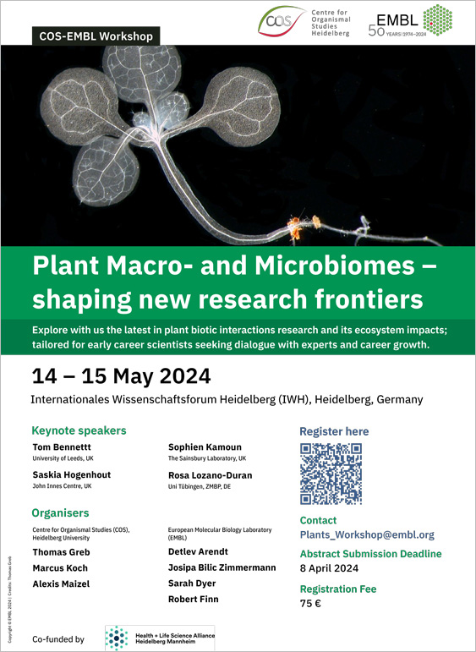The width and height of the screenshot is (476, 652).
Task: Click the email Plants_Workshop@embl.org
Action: tap(367, 534)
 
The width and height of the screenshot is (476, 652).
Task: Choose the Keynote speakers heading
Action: tap(79, 430)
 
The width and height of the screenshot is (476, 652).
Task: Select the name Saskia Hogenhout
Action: tap(71, 475)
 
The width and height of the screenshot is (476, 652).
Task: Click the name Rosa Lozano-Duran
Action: tap(211, 475)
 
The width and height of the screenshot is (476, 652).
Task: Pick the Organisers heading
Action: tap(60, 512)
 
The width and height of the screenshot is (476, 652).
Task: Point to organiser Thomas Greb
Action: tap(61, 552)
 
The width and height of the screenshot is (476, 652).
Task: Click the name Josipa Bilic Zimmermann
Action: tap(222, 567)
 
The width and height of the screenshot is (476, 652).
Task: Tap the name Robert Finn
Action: tap(194, 599)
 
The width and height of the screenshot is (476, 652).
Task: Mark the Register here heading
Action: tap(334, 431)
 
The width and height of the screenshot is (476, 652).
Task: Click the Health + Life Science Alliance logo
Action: tap(159, 638)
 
